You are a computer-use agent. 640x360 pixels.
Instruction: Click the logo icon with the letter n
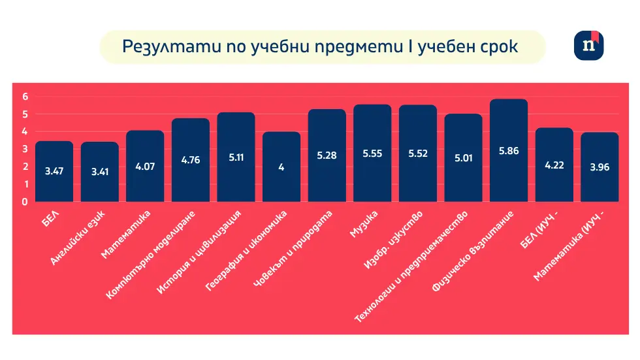point(588,46)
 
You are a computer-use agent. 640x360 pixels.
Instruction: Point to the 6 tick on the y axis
point(25,97)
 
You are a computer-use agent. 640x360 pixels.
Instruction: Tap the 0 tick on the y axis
point(25,202)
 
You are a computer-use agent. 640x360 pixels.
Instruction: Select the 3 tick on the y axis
point(25,149)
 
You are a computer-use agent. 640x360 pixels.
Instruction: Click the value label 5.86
point(509,150)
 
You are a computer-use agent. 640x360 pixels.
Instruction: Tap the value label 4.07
point(145,166)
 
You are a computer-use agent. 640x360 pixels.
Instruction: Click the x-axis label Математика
point(127,234)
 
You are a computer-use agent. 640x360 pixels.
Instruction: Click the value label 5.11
point(236,157)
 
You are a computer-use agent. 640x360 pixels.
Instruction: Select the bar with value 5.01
point(463,158)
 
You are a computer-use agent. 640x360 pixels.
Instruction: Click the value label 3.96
point(600,167)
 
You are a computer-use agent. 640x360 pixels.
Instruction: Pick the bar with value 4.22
point(554,165)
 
